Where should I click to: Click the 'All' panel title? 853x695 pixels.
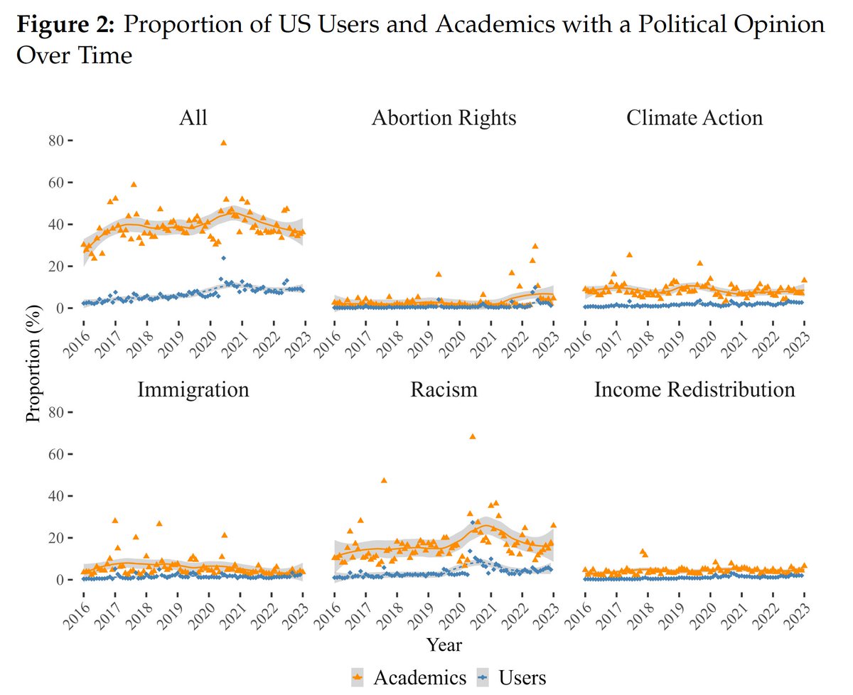[x=193, y=118]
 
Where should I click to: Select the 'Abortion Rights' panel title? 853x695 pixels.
[x=444, y=118]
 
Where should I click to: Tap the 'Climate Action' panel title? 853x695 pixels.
[x=694, y=118]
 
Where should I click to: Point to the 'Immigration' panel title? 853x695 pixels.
[x=193, y=390]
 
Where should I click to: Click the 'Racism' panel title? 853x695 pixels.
[x=444, y=390]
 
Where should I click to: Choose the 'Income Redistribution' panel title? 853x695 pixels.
[x=694, y=390]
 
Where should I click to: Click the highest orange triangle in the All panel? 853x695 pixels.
[x=223, y=143]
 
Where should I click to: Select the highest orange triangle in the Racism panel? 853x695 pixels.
[x=473, y=436]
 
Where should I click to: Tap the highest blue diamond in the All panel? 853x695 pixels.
[x=223, y=258]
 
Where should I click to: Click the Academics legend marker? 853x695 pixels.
[x=358, y=678]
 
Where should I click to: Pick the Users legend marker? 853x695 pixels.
[x=483, y=678]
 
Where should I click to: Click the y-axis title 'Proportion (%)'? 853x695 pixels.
[x=33, y=363]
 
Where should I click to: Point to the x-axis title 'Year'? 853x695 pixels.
[x=444, y=645]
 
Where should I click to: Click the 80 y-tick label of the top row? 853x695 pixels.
[x=56, y=141]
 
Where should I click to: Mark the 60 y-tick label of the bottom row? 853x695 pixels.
[x=56, y=454]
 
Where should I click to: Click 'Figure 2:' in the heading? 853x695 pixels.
[x=65, y=25]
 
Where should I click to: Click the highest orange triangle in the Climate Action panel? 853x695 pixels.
[x=629, y=254]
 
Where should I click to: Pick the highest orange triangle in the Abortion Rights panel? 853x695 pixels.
[x=535, y=246]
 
